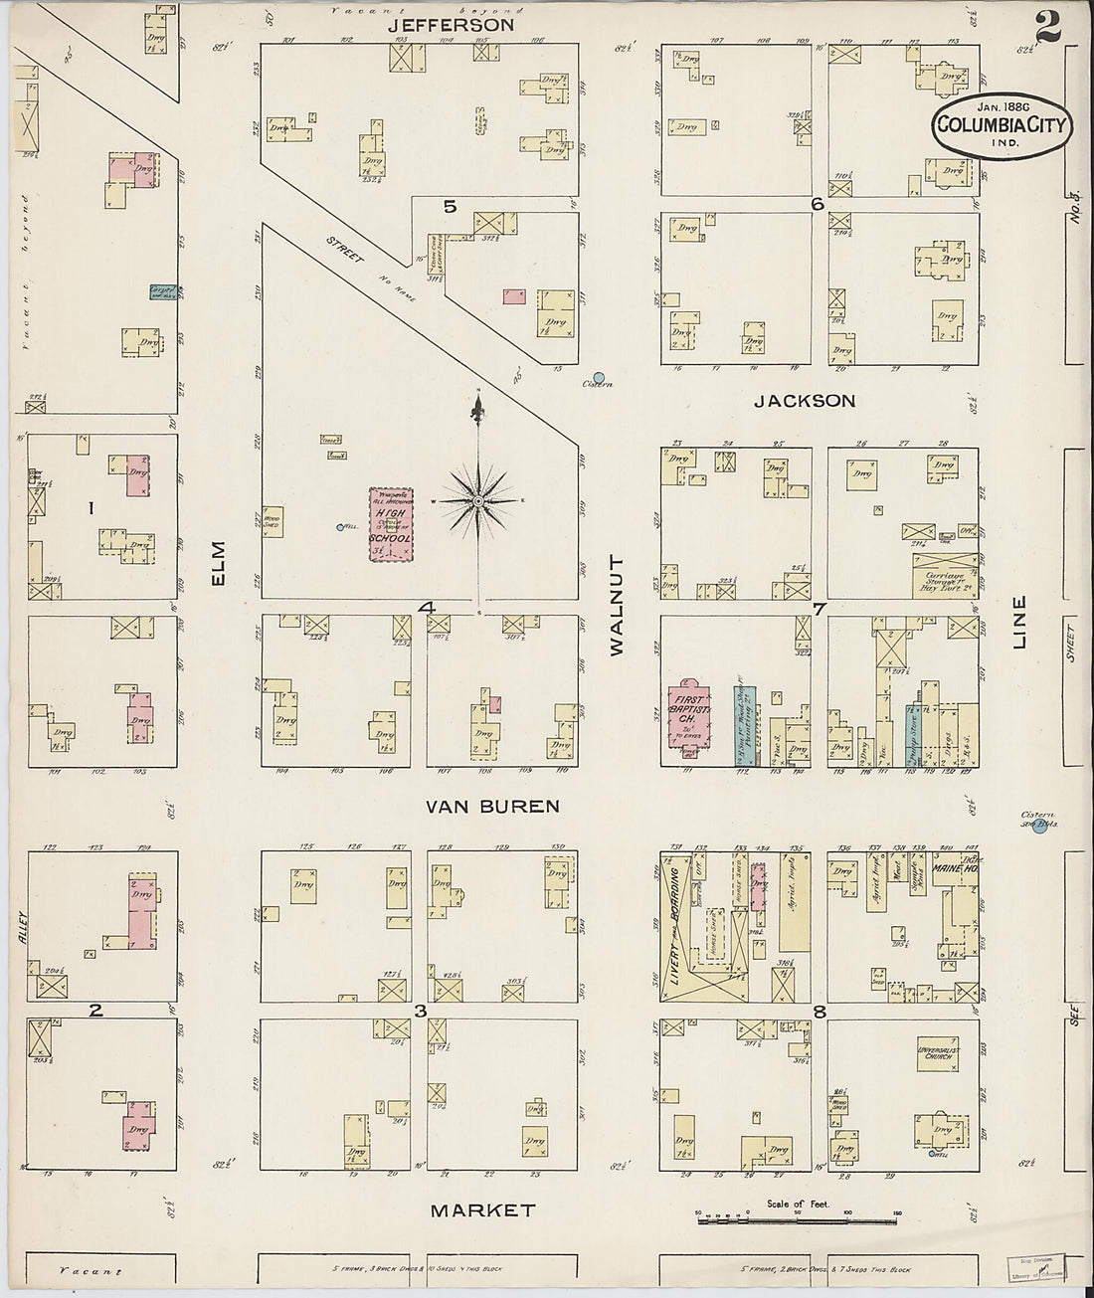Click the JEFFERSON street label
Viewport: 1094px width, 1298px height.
click(x=452, y=24)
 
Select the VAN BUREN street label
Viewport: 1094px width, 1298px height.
click(x=492, y=806)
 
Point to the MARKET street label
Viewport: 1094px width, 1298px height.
click(x=482, y=1210)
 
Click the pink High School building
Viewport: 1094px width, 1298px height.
click(x=392, y=525)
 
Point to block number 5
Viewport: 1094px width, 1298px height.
click(x=450, y=207)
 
